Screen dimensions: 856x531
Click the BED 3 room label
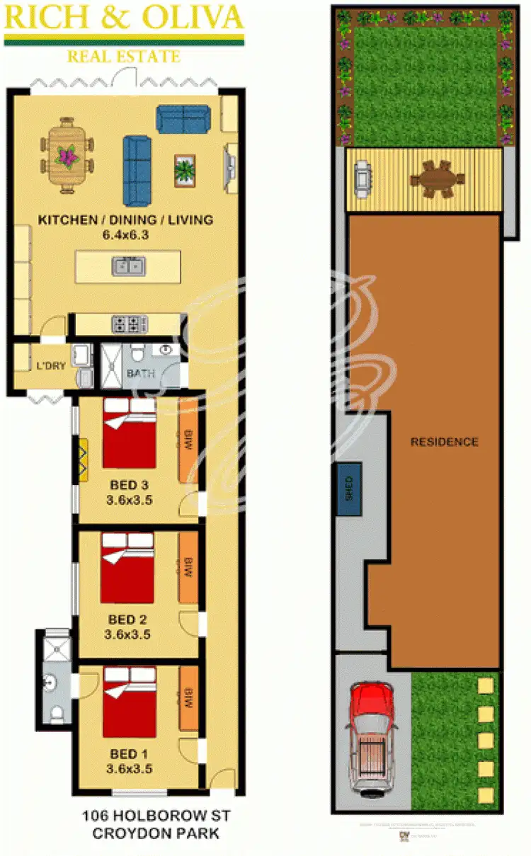(x=129, y=485)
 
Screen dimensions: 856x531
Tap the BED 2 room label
(x=127, y=620)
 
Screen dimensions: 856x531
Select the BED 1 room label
(x=128, y=753)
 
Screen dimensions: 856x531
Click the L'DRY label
(x=51, y=366)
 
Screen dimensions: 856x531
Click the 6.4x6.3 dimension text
(x=125, y=234)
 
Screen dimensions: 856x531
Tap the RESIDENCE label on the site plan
(x=445, y=442)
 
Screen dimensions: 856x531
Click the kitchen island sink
(x=128, y=266)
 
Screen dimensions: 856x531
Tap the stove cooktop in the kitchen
(x=128, y=324)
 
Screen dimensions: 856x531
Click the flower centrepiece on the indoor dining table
(x=67, y=155)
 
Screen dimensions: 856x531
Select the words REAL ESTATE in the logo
(x=124, y=56)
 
